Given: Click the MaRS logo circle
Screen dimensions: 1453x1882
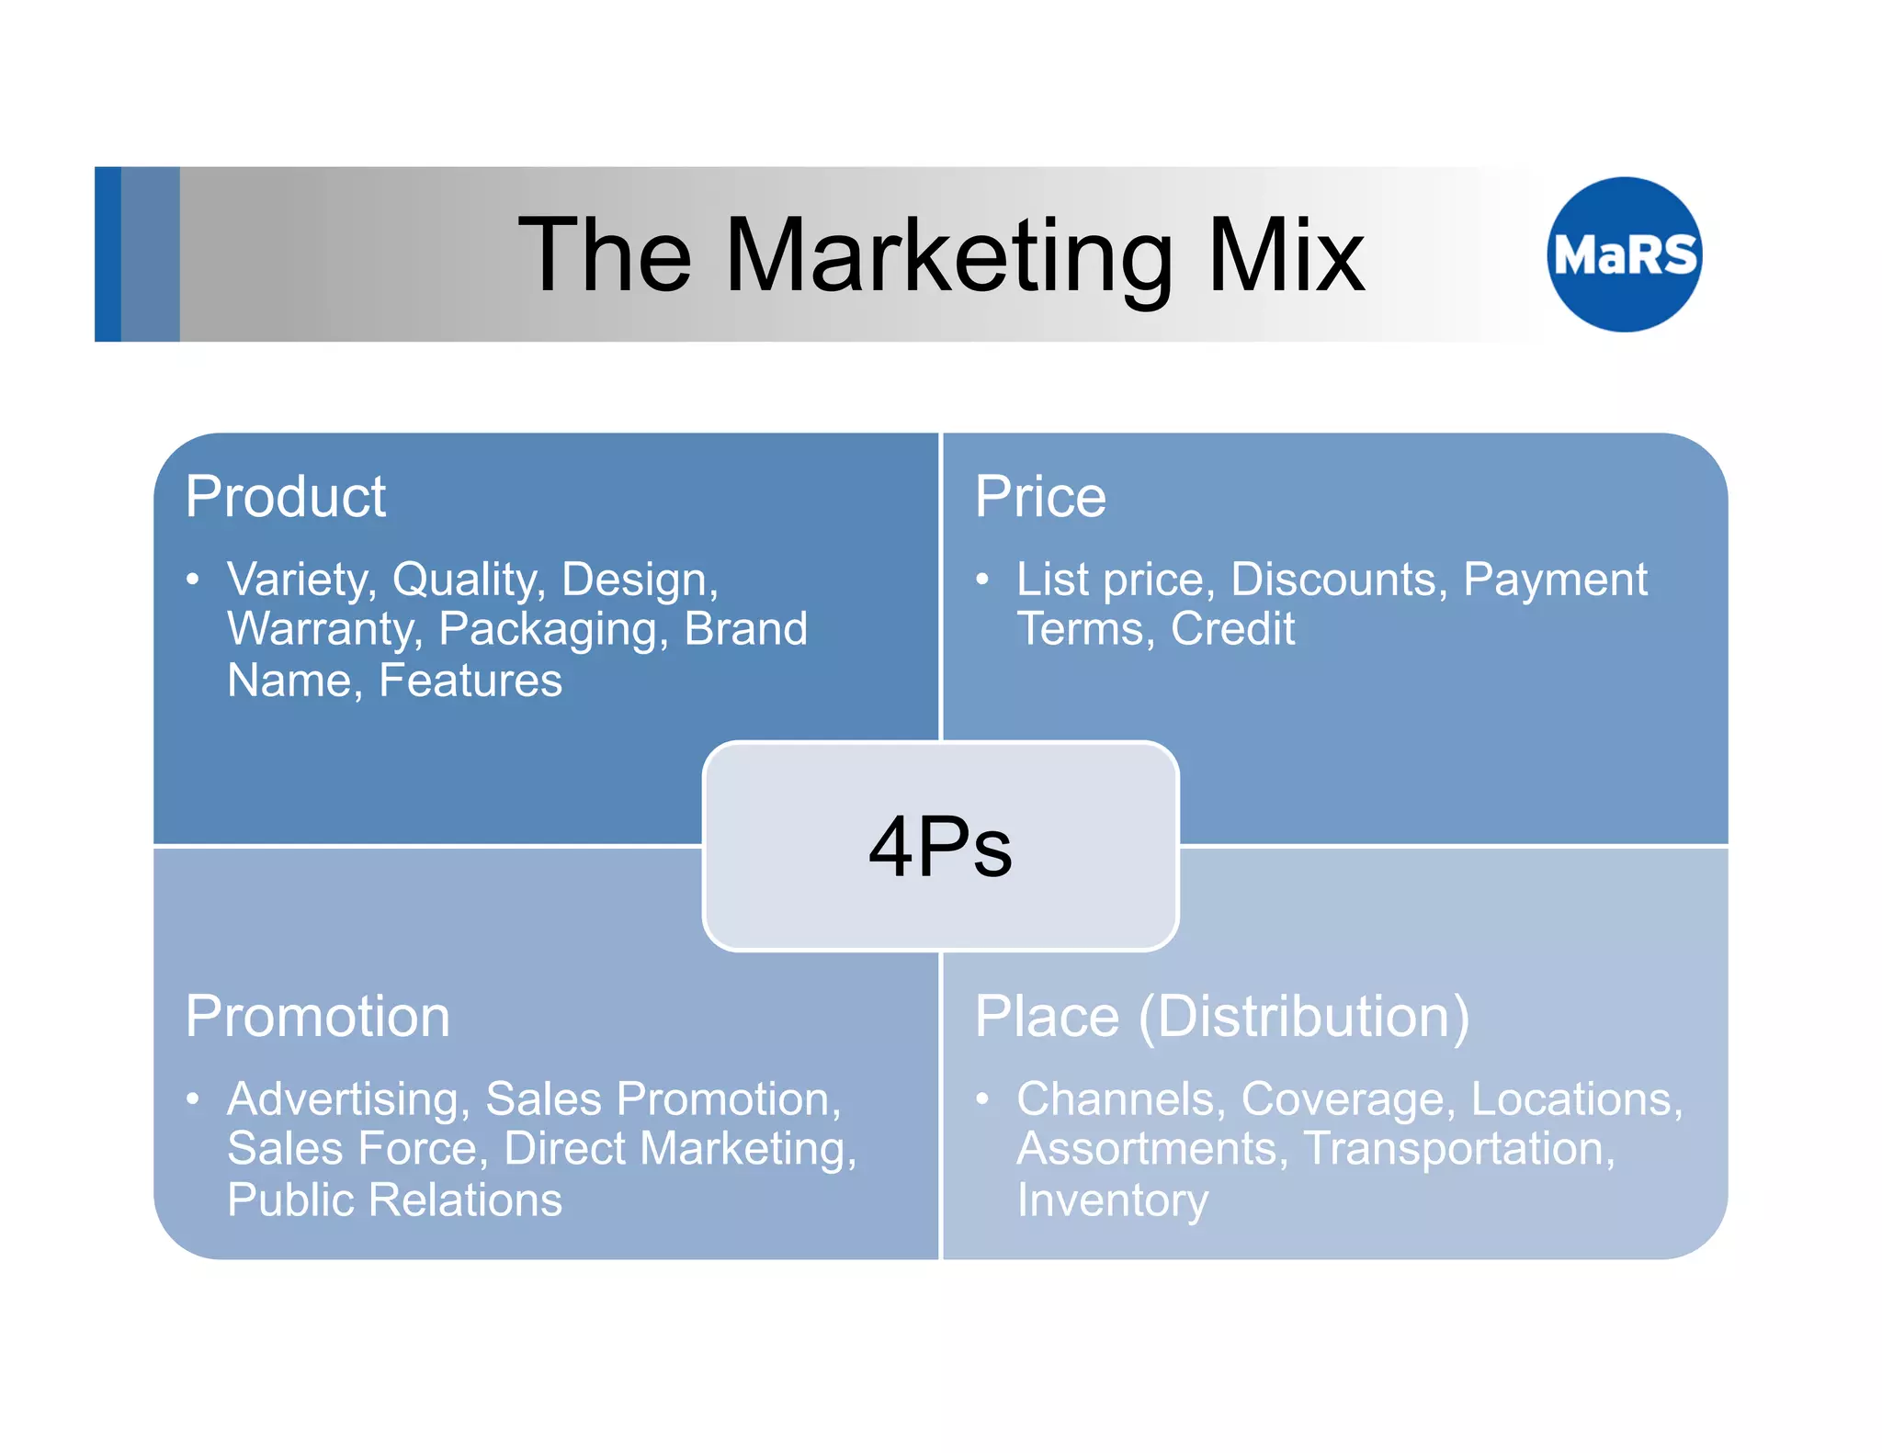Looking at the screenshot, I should click(x=1624, y=254).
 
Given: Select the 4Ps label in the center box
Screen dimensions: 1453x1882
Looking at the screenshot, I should click(x=940, y=847).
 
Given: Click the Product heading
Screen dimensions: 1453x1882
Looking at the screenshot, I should click(x=285, y=497).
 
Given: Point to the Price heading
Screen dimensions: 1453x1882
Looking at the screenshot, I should click(x=1040, y=497).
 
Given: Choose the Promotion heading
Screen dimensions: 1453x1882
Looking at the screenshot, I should click(x=317, y=1017).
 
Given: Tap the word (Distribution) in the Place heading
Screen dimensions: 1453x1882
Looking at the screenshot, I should click(x=1304, y=1017).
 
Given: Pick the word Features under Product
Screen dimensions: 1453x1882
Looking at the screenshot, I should click(x=470, y=681).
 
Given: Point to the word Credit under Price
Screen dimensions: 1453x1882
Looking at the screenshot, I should click(x=1232, y=629).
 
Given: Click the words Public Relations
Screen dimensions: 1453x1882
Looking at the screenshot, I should click(x=394, y=1200).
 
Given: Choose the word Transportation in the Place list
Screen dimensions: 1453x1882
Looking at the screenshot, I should click(x=1458, y=1150).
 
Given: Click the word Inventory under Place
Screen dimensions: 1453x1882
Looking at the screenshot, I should click(x=1112, y=1200).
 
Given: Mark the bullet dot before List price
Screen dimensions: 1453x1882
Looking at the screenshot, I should click(x=982, y=580).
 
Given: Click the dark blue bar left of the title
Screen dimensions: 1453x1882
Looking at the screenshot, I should click(x=108, y=254).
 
